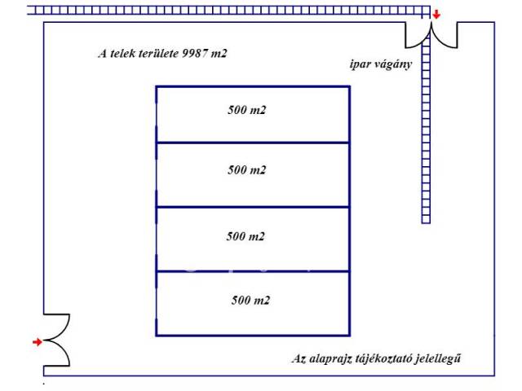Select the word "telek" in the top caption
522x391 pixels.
[124, 55]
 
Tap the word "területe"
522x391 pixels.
[161, 55]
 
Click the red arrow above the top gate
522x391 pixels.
[436, 15]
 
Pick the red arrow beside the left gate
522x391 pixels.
[37, 342]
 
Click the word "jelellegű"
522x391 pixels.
[447, 359]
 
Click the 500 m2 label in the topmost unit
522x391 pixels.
[247, 108]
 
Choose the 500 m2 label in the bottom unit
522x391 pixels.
[250, 301]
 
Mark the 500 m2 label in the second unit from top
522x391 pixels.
[248, 170]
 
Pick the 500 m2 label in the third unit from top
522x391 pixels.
[246, 236]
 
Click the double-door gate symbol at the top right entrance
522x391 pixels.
[431, 35]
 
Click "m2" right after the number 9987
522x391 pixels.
[219, 55]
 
